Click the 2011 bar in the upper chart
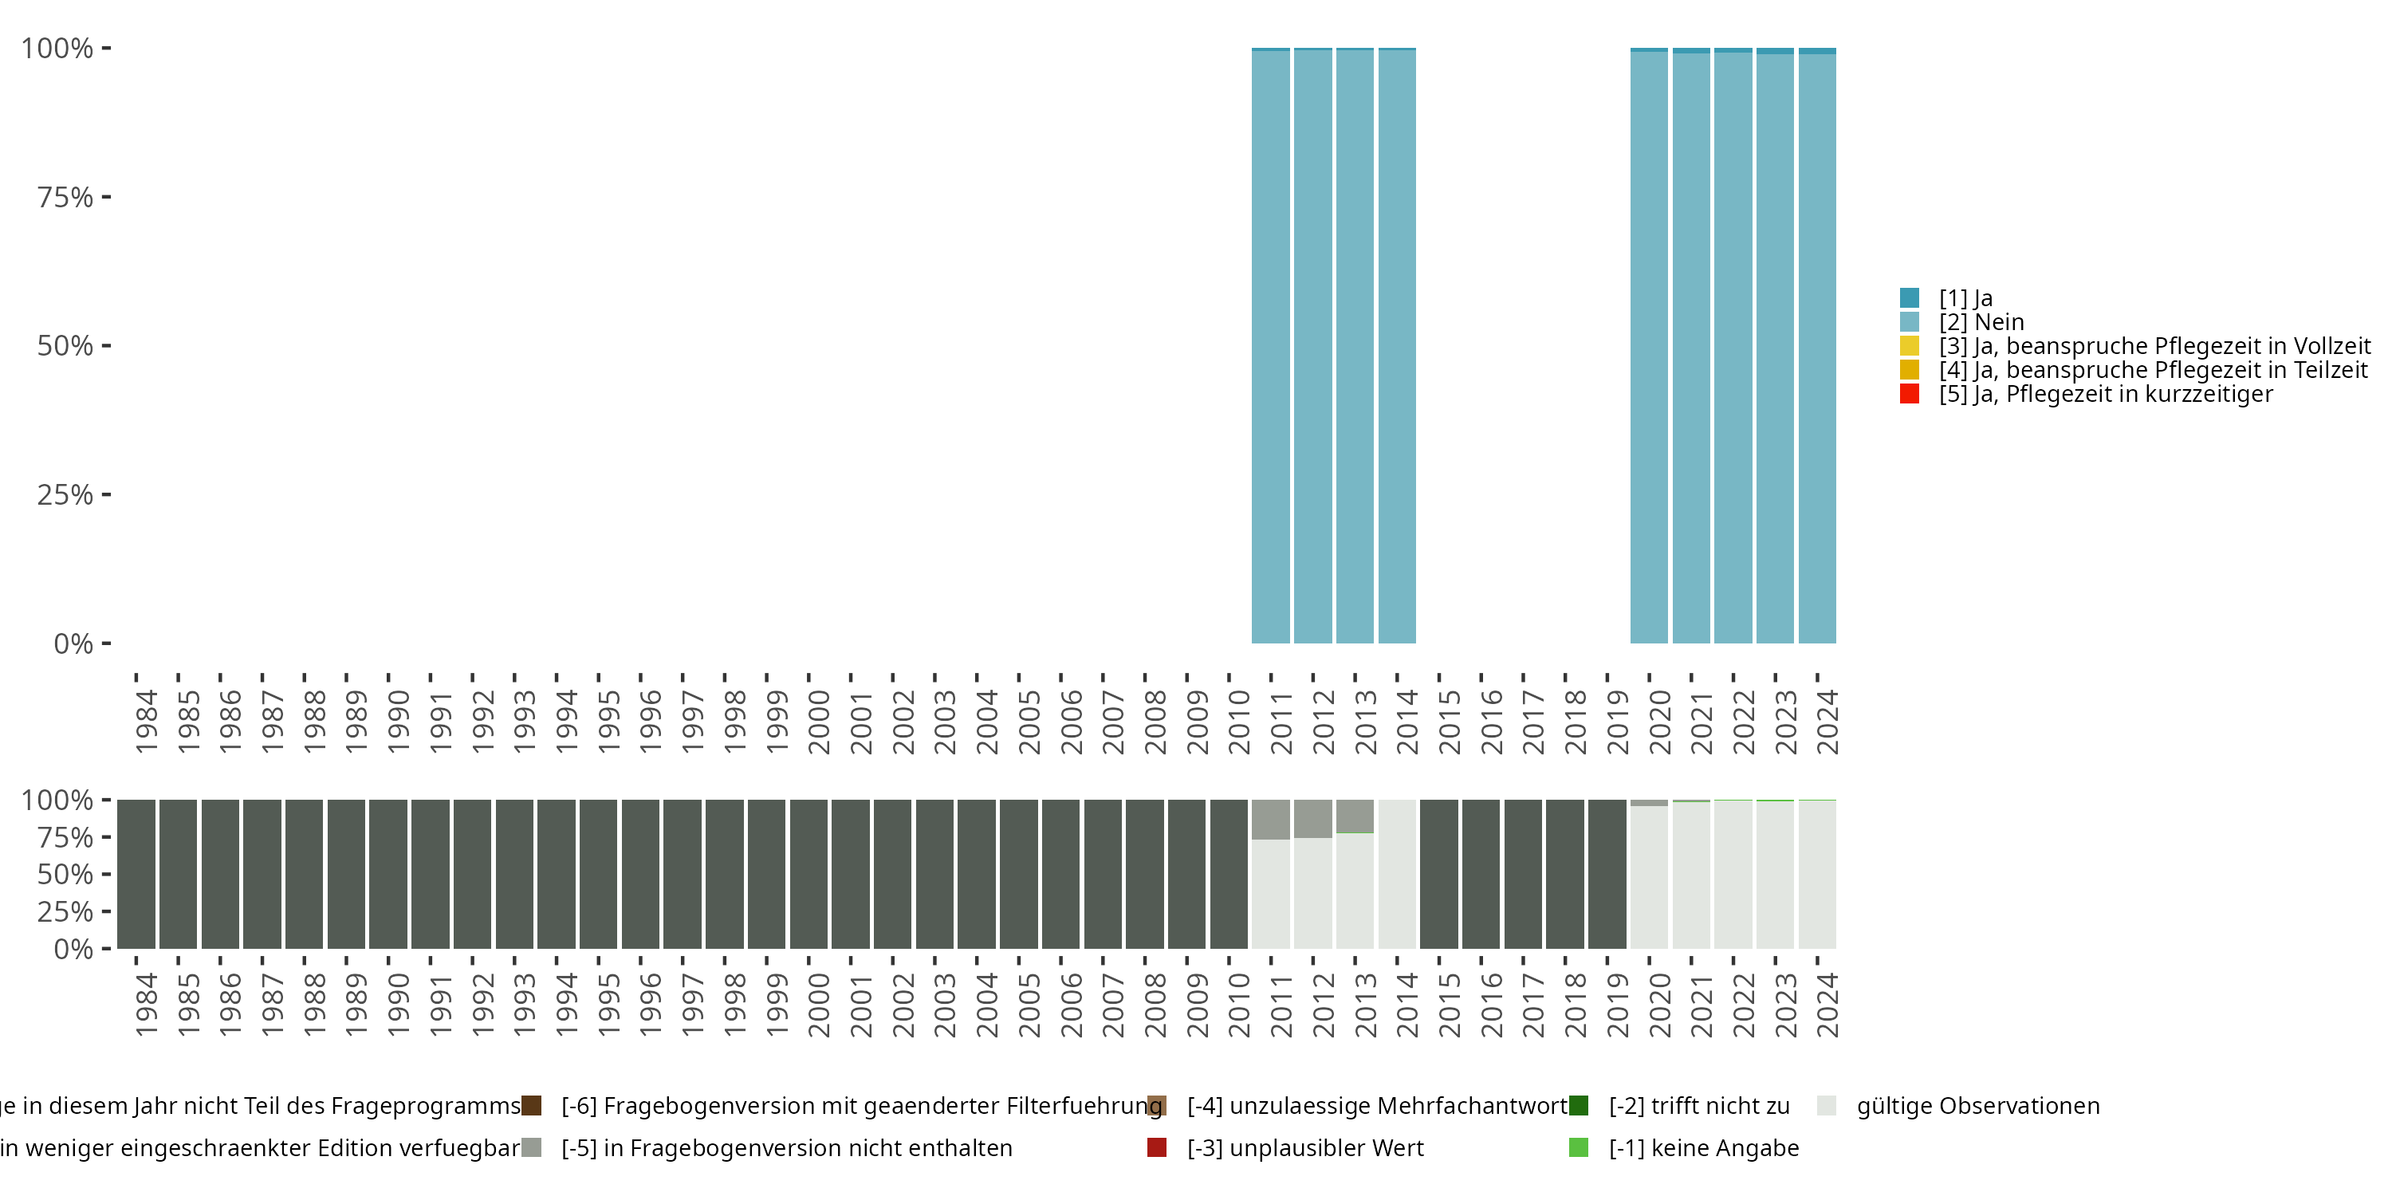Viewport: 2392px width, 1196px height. click(x=1270, y=345)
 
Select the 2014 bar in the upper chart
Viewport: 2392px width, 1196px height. click(x=1397, y=345)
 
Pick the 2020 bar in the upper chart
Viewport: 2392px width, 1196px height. click(x=1649, y=345)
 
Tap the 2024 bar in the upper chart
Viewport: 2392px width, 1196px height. click(x=1817, y=345)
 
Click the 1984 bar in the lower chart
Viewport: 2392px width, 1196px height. click(x=136, y=874)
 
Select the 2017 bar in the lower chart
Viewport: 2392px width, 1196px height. click(x=1523, y=874)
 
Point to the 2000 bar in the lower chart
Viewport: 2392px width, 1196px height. click(x=808, y=874)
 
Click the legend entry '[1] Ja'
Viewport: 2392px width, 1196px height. click(x=1965, y=298)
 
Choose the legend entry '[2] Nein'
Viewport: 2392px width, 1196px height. click(x=1981, y=322)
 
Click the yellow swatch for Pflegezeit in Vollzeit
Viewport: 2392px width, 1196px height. click(x=1909, y=346)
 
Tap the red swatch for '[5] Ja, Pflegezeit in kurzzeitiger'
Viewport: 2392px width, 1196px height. click(x=1909, y=394)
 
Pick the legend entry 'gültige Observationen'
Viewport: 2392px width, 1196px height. click(x=1977, y=1106)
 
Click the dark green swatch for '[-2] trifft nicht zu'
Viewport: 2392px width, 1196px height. click(x=1579, y=1106)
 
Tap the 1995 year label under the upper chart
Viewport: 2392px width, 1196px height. click(x=608, y=722)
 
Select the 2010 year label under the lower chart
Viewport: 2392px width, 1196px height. click(x=1239, y=1005)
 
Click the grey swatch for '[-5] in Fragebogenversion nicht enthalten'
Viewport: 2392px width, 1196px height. click(x=531, y=1147)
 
